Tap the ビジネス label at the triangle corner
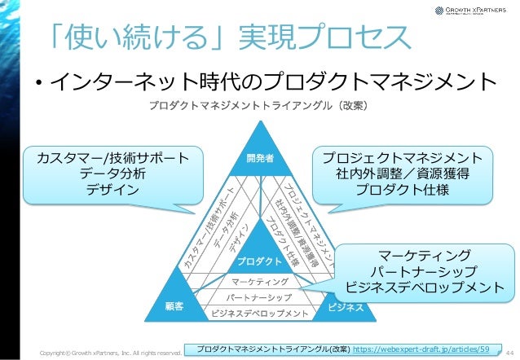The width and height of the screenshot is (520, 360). click(x=345, y=309)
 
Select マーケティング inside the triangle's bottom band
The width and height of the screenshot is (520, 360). click(x=260, y=281)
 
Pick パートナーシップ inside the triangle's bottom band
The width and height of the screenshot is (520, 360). click(x=260, y=296)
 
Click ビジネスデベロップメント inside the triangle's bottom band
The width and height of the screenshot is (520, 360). click(x=260, y=313)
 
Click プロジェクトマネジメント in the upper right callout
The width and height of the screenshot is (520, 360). click(x=401, y=157)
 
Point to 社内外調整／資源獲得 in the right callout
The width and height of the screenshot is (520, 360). click(x=401, y=173)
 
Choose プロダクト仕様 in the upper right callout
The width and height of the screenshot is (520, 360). click(x=401, y=190)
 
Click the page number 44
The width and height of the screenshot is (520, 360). click(x=509, y=350)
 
